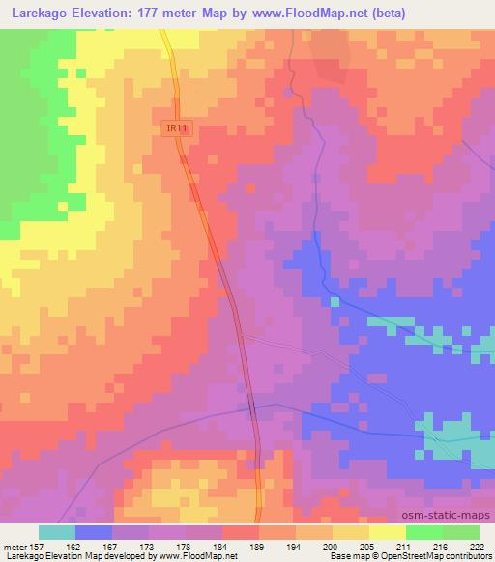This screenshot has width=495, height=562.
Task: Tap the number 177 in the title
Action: (x=148, y=13)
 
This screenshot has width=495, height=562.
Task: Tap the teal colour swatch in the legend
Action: (x=57, y=532)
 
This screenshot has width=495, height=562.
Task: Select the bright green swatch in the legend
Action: (x=423, y=532)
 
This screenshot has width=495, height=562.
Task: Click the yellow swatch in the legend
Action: (x=350, y=532)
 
